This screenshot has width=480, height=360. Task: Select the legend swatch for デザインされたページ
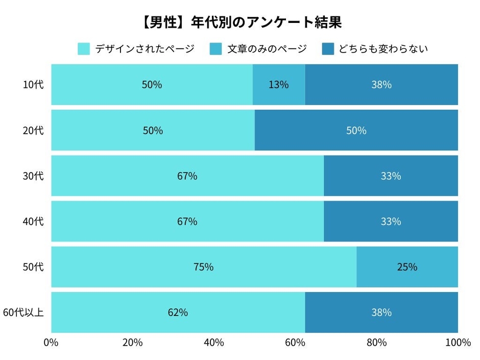[84, 49]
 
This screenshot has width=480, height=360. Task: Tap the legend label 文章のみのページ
[267, 49]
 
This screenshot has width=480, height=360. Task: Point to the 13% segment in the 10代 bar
[279, 85]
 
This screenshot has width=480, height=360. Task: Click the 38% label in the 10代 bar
[381, 85]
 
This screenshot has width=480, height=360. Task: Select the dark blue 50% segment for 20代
[356, 130]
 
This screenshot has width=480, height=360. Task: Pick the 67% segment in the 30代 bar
[187, 176]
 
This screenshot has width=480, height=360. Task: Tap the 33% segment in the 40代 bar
[391, 222]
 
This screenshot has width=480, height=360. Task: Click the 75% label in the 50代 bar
[203, 267]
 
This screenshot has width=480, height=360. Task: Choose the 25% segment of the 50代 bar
[407, 267]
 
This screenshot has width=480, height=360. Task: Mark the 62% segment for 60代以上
[178, 313]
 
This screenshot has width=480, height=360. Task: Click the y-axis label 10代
[34, 85]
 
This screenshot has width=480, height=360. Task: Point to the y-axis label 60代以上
[23, 313]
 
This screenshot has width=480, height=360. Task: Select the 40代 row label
[34, 222]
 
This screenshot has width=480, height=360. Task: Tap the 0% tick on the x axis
[51, 343]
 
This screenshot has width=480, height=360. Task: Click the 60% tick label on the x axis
[295, 343]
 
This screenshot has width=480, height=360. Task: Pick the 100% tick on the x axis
[457, 343]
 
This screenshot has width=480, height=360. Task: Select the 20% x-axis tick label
[132, 343]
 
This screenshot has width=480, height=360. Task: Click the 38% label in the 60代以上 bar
[381, 313]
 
